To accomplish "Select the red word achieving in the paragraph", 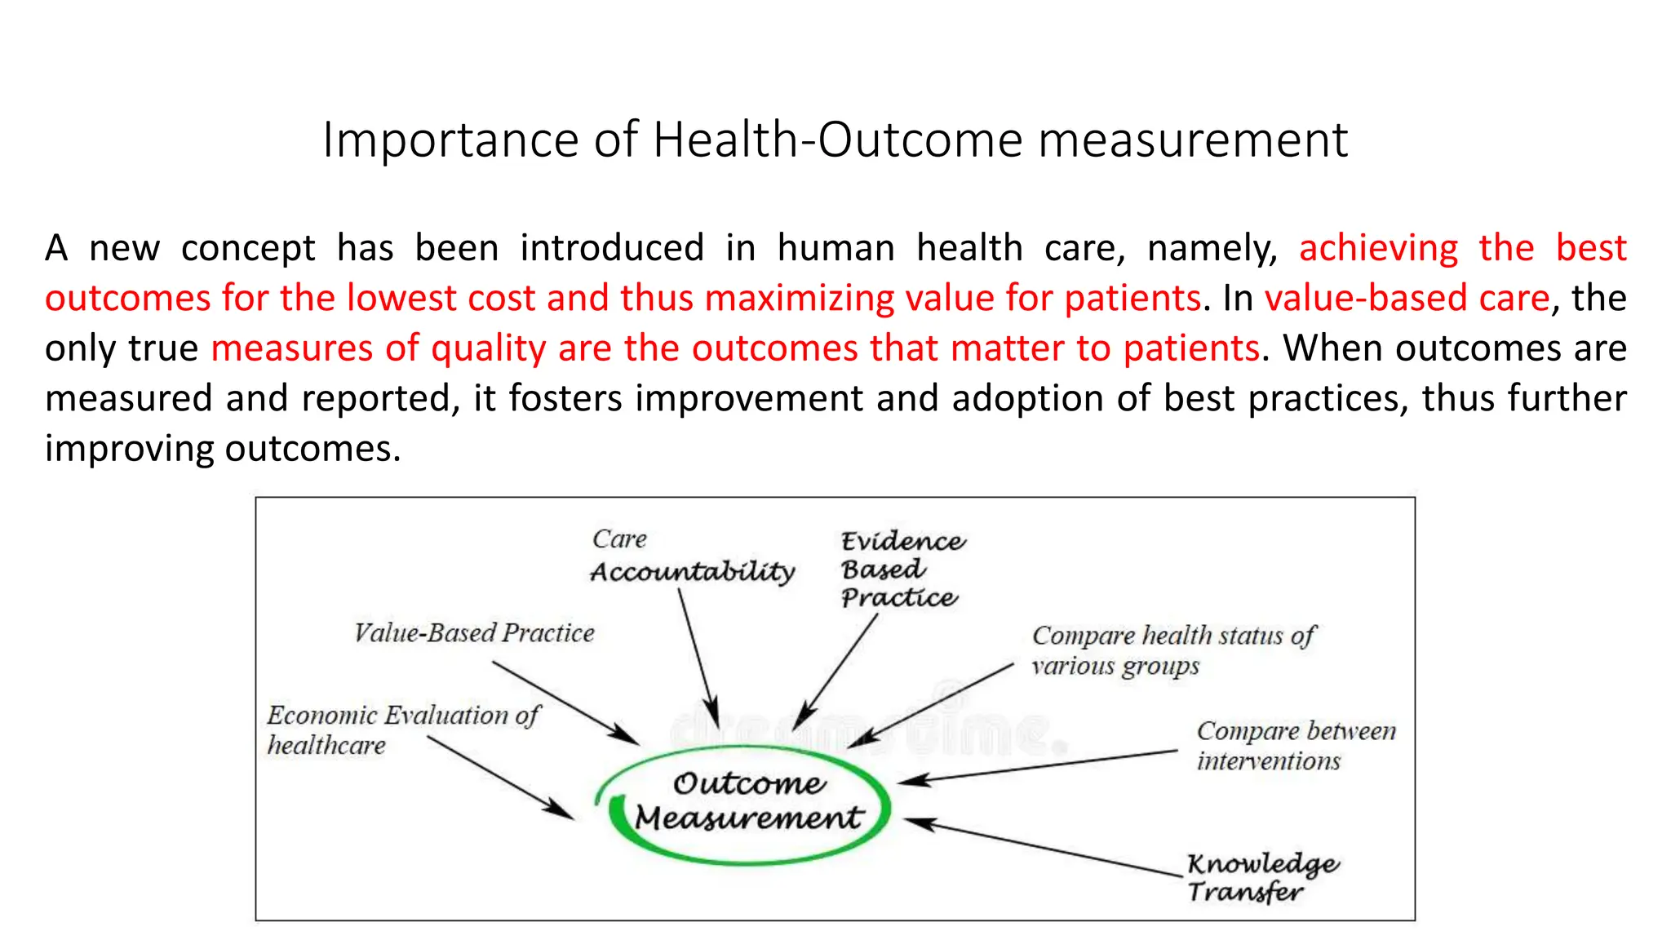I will pyautogui.click(x=1378, y=248).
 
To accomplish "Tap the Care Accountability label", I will pyautogui.click(x=691, y=556).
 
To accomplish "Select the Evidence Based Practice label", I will pyautogui.click(x=902, y=570).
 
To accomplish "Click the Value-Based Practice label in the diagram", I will pyautogui.click(x=474, y=633).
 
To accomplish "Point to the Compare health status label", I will pyautogui.click(x=1172, y=650).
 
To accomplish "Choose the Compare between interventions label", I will pyautogui.click(x=1295, y=745).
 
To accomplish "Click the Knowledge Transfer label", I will pyautogui.click(x=1261, y=877).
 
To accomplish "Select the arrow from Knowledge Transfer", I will pyautogui.click(x=1044, y=849).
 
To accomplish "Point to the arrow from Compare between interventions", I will pyautogui.click(x=1036, y=767).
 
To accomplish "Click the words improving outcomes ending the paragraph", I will pyautogui.click(x=223, y=449).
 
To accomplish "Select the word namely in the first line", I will pyautogui.click(x=1212, y=248).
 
